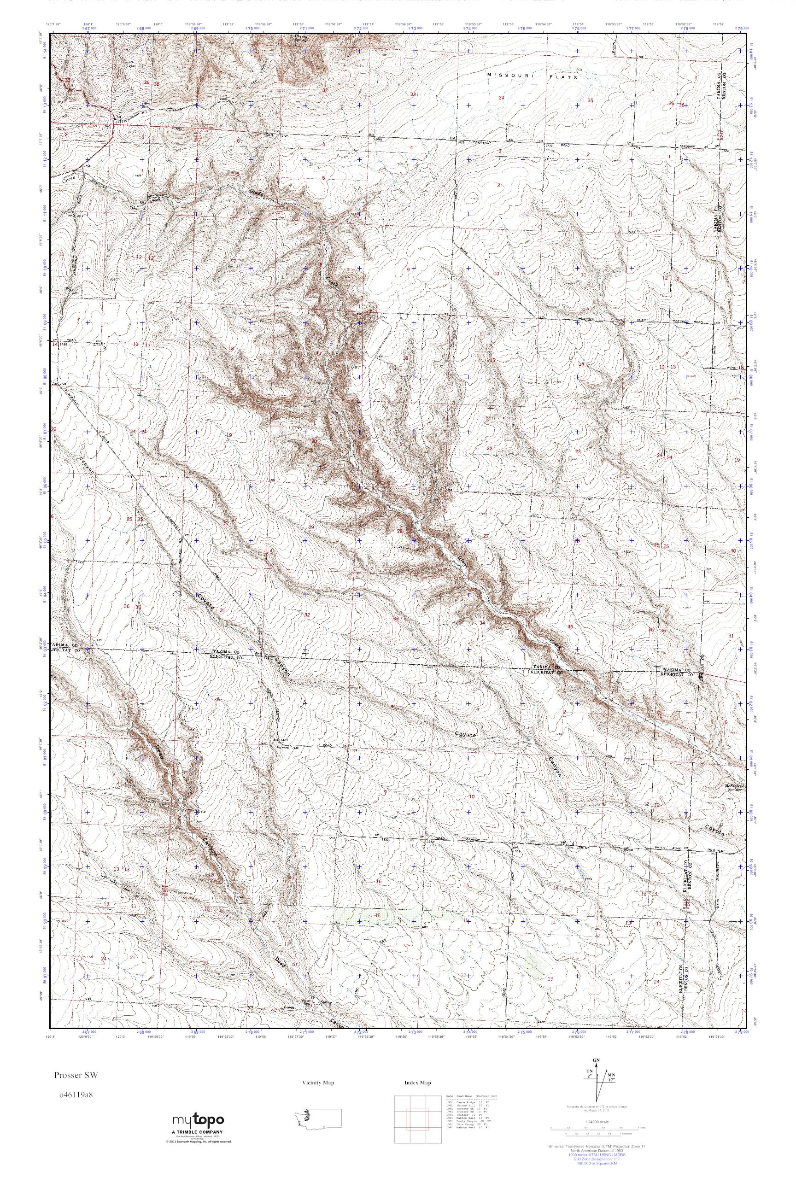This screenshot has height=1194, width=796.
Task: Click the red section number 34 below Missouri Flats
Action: tap(502, 98)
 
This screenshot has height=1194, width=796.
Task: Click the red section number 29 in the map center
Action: tap(311, 527)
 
